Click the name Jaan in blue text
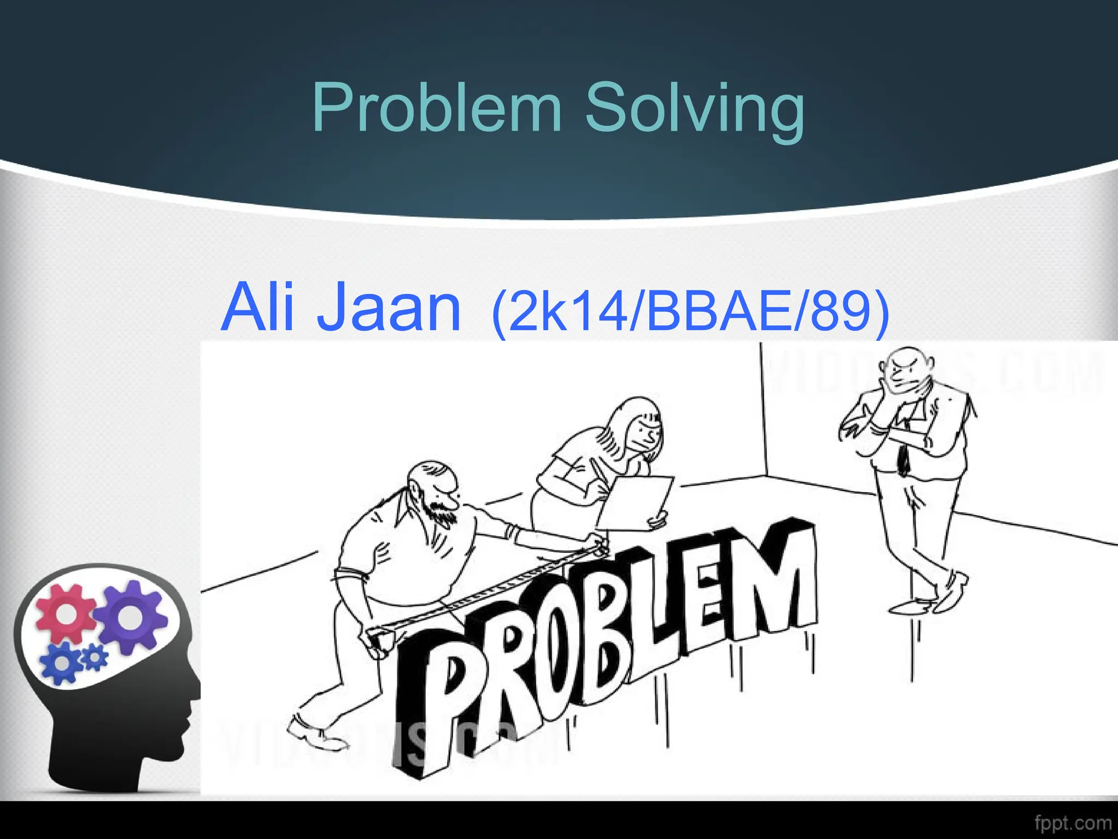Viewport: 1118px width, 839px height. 389,308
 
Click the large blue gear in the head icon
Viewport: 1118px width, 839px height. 61,662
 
